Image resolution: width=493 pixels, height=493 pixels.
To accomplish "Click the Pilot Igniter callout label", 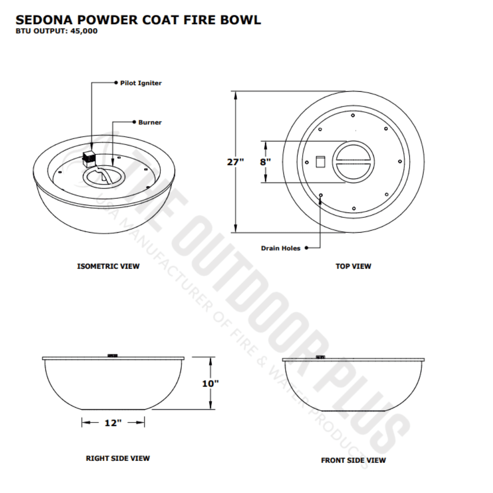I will pyautogui.click(x=141, y=83).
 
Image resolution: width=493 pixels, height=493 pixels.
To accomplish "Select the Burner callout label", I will pyautogui.click(x=150, y=122).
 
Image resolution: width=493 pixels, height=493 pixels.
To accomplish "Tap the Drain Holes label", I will pyautogui.click(x=281, y=248).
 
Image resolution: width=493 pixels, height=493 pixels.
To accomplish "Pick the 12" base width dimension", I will pyautogui.click(x=113, y=423).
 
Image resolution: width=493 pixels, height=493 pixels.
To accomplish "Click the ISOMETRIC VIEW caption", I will pyautogui.click(x=108, y=266).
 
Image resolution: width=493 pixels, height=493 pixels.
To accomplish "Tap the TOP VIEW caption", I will pyautogui.click(x=353, y=266).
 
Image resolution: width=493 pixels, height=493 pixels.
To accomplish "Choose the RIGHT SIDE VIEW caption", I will pyautogui.click(x=118, y=458).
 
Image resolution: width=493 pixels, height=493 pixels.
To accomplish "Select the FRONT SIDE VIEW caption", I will pyautogui.click(x=353, y=460).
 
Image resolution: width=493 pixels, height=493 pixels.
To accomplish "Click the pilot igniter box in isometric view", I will pyautogui.click(x=89, y=157).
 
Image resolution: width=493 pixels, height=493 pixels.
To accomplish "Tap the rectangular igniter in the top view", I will pyautogui.click(x=320, y=162).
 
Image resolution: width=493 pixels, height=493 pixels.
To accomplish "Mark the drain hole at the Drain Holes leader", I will pyautogui.click(x=321, y=195).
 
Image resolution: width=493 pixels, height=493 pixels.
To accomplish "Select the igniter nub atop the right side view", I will pyautogui.click(x=112, y=355).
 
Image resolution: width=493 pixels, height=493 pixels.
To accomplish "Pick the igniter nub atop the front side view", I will pyautogui.click(x=320, y=356).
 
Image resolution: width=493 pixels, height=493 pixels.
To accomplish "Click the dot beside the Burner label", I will pyautogui.click(x=134, y=122).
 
